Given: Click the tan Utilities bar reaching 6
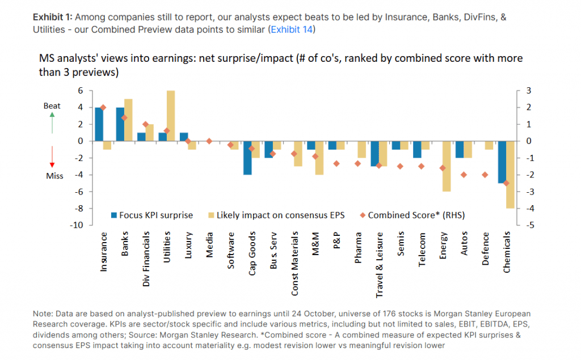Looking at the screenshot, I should coord(171,116).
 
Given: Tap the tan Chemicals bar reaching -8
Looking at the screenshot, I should coord(511,175).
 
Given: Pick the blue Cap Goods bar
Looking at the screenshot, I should coord(247,158).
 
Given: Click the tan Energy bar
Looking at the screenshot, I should coord(447,166).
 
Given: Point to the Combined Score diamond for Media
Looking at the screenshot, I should coord(209,141).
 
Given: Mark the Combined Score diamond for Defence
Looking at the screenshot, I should coord(485,175).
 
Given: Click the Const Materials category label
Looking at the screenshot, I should coord(295,263).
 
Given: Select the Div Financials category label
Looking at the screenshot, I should coord(146,260).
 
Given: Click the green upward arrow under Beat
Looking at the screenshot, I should coord(52,122).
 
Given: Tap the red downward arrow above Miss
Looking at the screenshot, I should coord(52,157).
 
